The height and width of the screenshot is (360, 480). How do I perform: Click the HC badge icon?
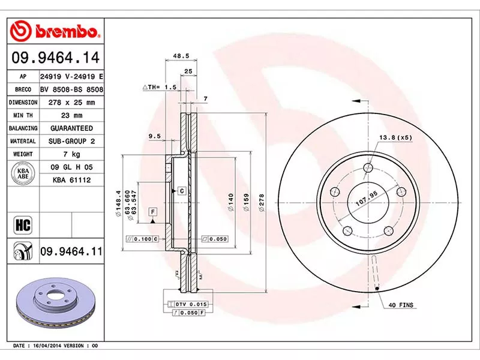click(x=22, y=225)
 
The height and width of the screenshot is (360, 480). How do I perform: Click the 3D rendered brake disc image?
click(x=54, y=306)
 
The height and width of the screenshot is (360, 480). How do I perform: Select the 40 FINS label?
click(x=401, y=305)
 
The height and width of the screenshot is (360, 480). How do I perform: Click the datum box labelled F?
click(x=153, y=211)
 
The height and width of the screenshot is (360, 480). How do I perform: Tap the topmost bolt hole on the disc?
click(x=368, y=169)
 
